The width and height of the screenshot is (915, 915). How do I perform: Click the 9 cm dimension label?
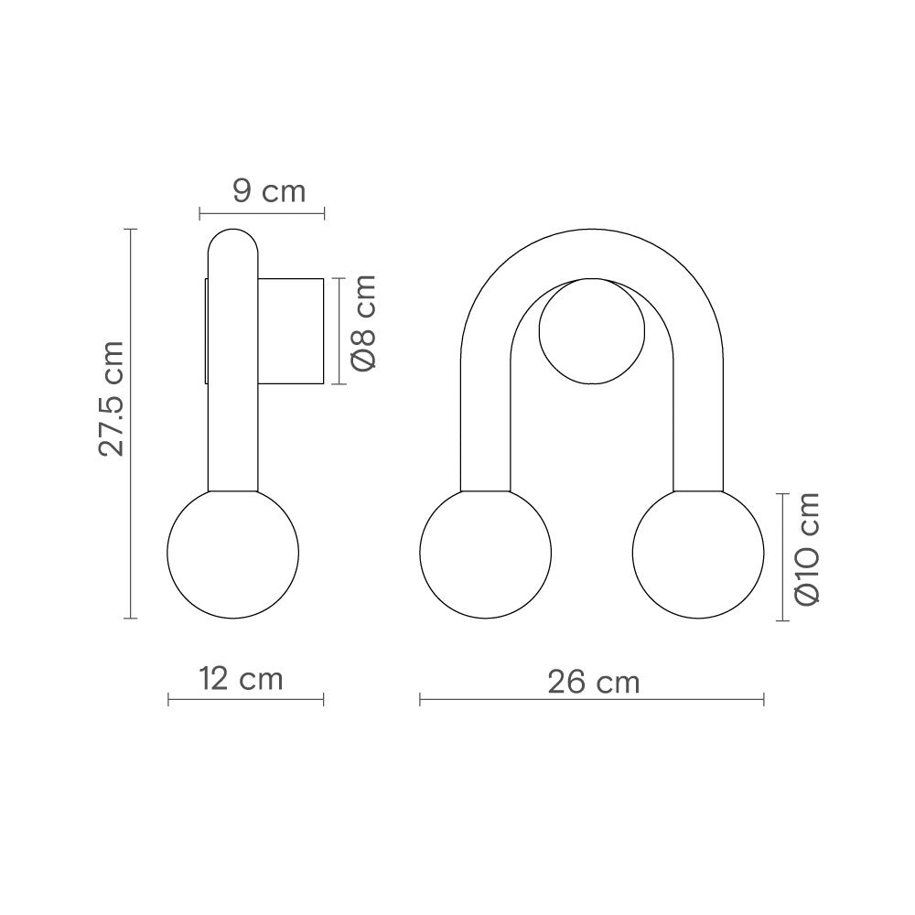coord(269,191)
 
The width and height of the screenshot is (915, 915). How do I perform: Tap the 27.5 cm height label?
coord(112,399)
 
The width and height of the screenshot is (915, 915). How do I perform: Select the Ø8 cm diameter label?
coord(364,322)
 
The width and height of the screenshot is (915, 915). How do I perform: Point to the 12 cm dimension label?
coord(241,679)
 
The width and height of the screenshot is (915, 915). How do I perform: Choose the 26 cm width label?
coord(594,682)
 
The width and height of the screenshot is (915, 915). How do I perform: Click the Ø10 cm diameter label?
coord(807,547)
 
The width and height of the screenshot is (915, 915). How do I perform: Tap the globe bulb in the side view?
coord(232,553)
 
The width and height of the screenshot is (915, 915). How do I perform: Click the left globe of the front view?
coord(486,553)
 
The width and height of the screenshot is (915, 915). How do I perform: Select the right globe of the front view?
coord(698,553)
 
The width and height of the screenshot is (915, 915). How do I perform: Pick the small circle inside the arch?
coord(592,331)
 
